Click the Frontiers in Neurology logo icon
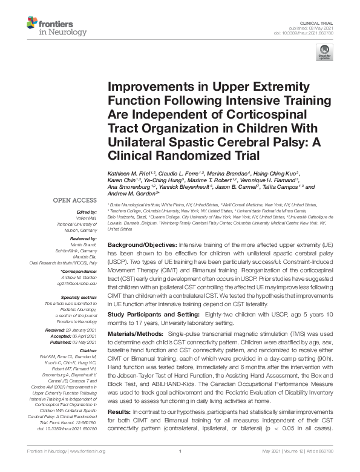tap(33, 24)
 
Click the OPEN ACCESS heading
tap(74, 200)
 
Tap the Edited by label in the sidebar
tap(85, 212)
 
